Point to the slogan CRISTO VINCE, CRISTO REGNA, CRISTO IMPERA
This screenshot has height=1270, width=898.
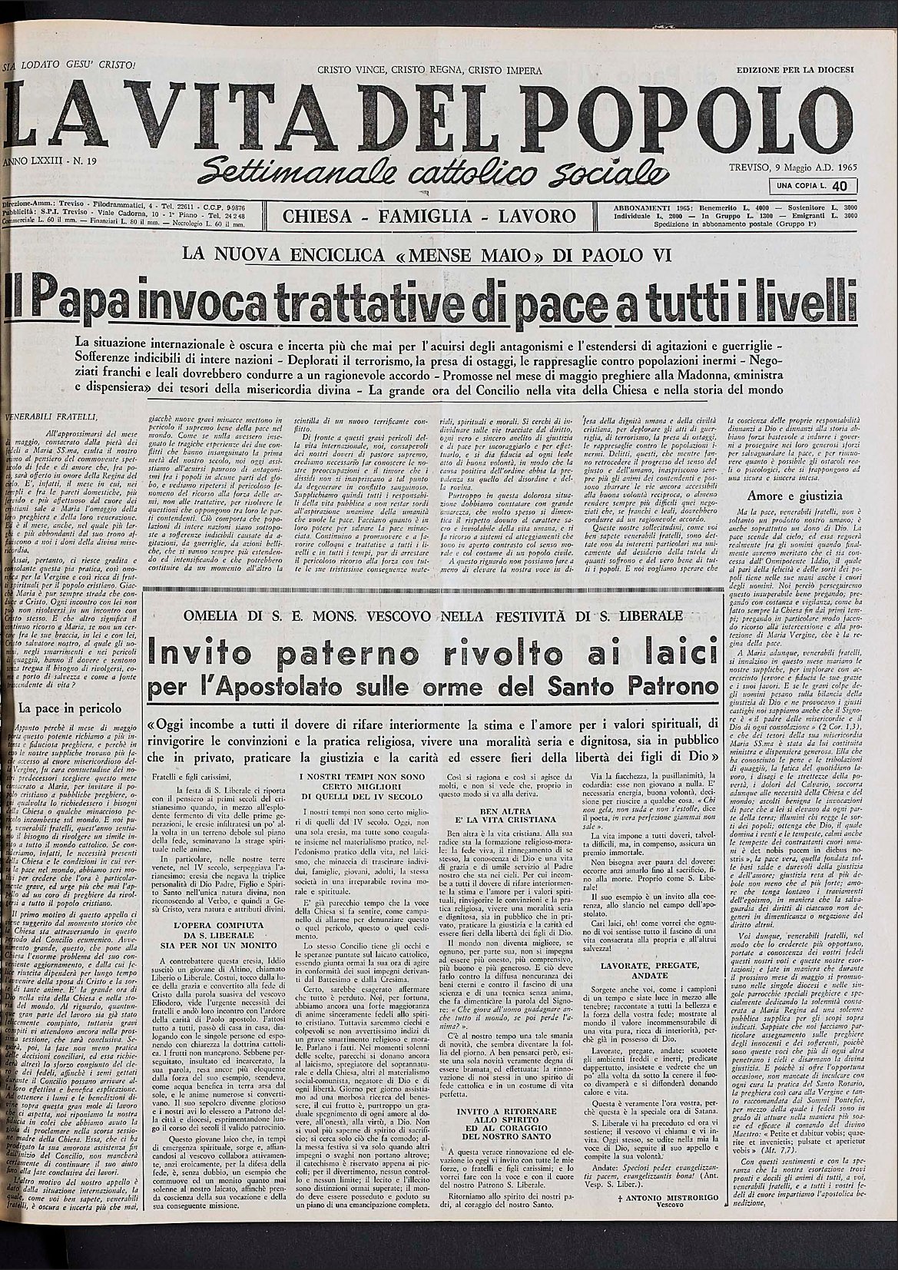[x=429, y=71]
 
